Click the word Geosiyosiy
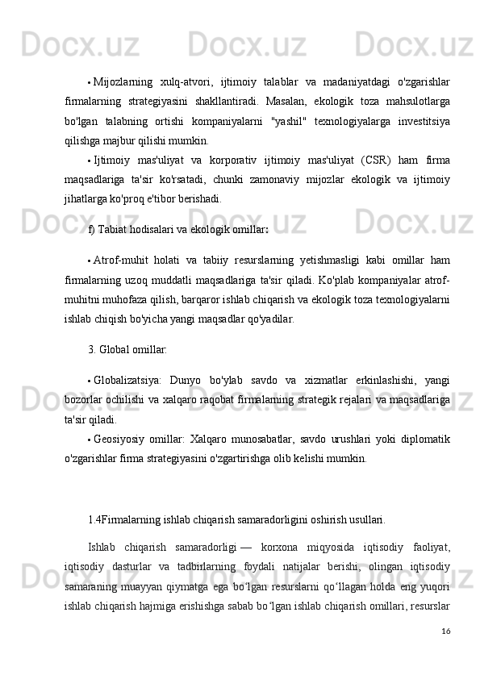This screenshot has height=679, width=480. click(x=119, y=439)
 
